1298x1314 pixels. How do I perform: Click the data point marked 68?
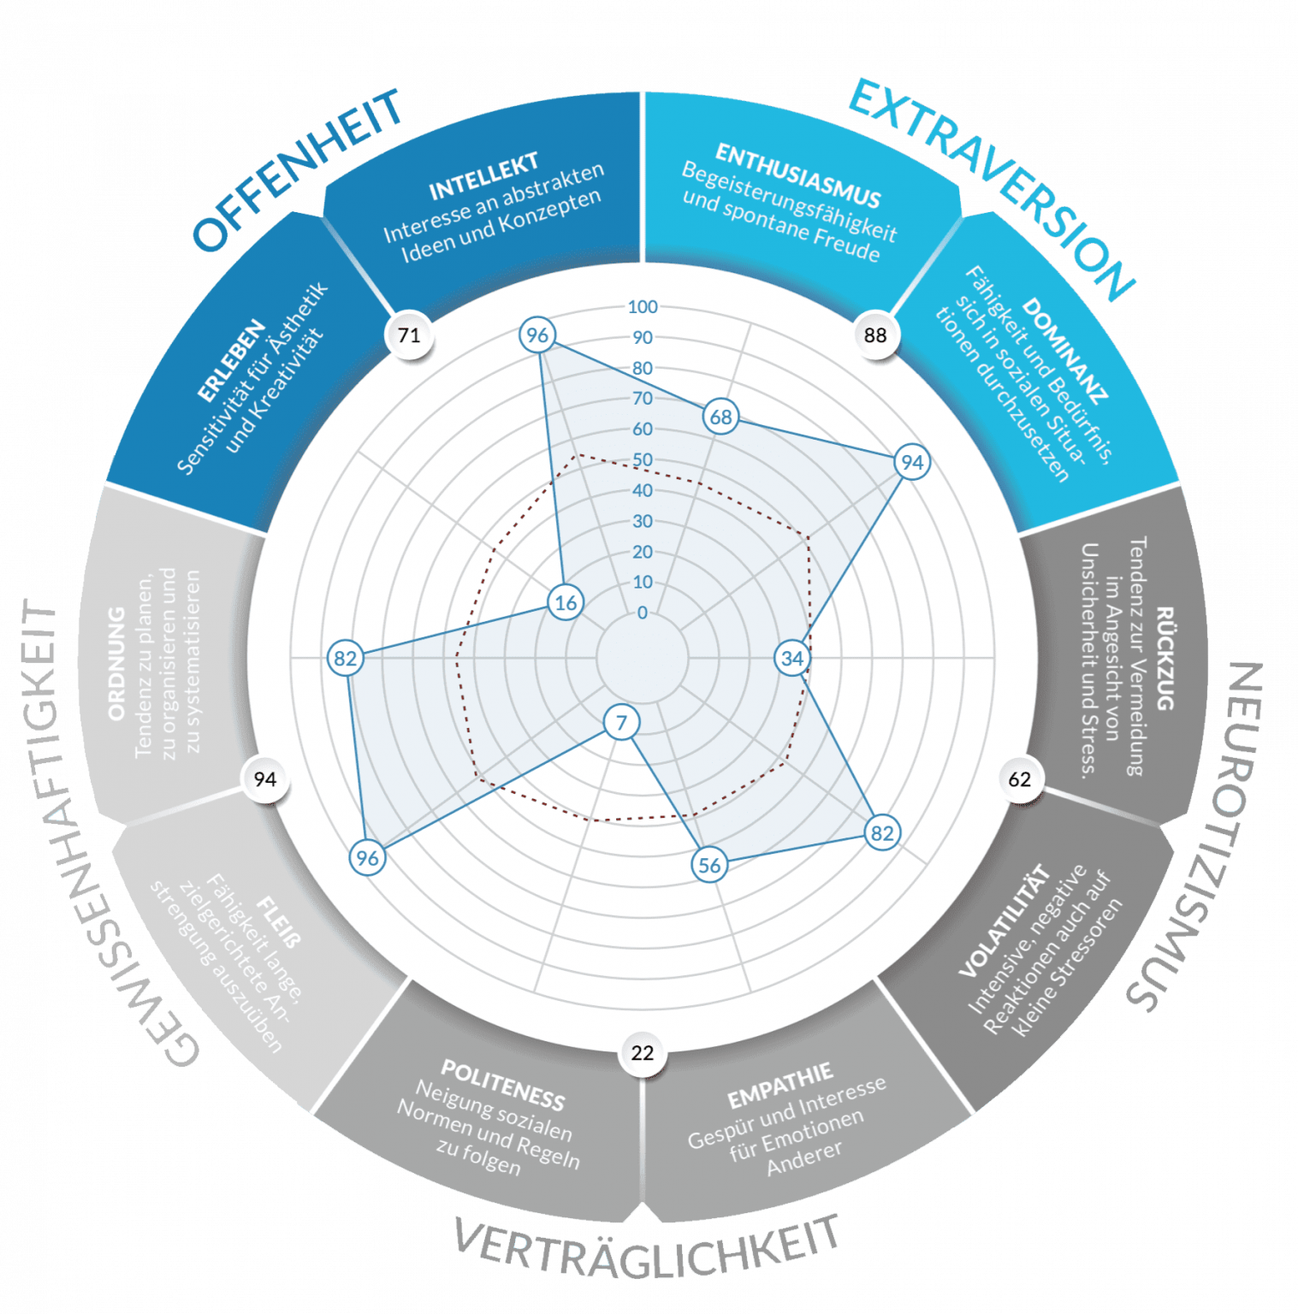[721, 417]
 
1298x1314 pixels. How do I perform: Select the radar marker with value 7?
[622, 723]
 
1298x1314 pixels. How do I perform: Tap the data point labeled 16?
[566, 603]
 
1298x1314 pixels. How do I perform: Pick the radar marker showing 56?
[709, 865]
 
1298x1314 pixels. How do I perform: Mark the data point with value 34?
[792, 658]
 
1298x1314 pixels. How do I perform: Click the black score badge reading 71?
[409, 334]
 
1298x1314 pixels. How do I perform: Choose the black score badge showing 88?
[875, 334]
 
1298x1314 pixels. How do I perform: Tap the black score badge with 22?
[643, 1052]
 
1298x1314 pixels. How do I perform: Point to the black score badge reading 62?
[1020, 778]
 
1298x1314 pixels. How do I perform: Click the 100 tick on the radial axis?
[643, 307]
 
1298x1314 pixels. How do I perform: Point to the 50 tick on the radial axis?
[643, 460]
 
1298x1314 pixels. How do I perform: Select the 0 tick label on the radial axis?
[643, 613]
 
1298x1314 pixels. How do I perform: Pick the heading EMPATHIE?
[779, 1086]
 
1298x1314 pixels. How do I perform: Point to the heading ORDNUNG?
[117, 663]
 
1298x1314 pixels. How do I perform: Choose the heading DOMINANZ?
[1065, 350]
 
